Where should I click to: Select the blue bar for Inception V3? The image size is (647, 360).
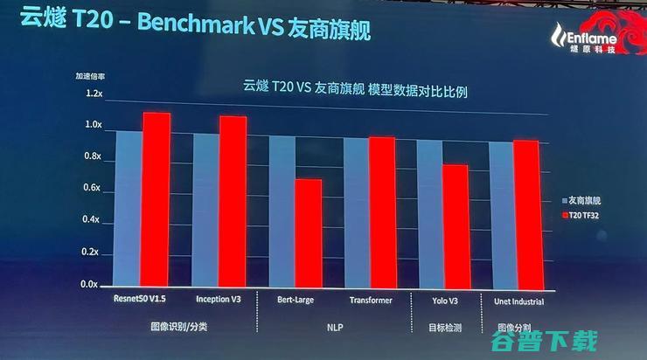pyautogui.click(x=206, y=209)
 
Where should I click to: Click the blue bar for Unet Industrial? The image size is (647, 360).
pyautogui.click(x=500, y=214)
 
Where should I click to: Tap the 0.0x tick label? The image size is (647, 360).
pyautogui.click(x=92, y=285)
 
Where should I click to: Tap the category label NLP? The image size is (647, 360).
pyautogui.click(x=332, y=326)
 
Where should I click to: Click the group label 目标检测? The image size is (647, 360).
pyautogui.click(x=441, y=326)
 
